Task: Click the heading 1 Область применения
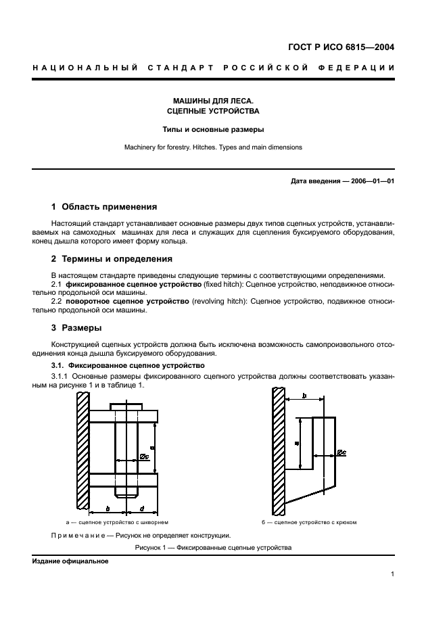104,207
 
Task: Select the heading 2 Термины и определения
112,258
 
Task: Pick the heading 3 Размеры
77,328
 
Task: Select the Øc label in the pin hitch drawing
145,456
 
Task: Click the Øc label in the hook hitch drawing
342,450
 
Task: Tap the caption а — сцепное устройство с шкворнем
116,523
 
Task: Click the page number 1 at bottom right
392,574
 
